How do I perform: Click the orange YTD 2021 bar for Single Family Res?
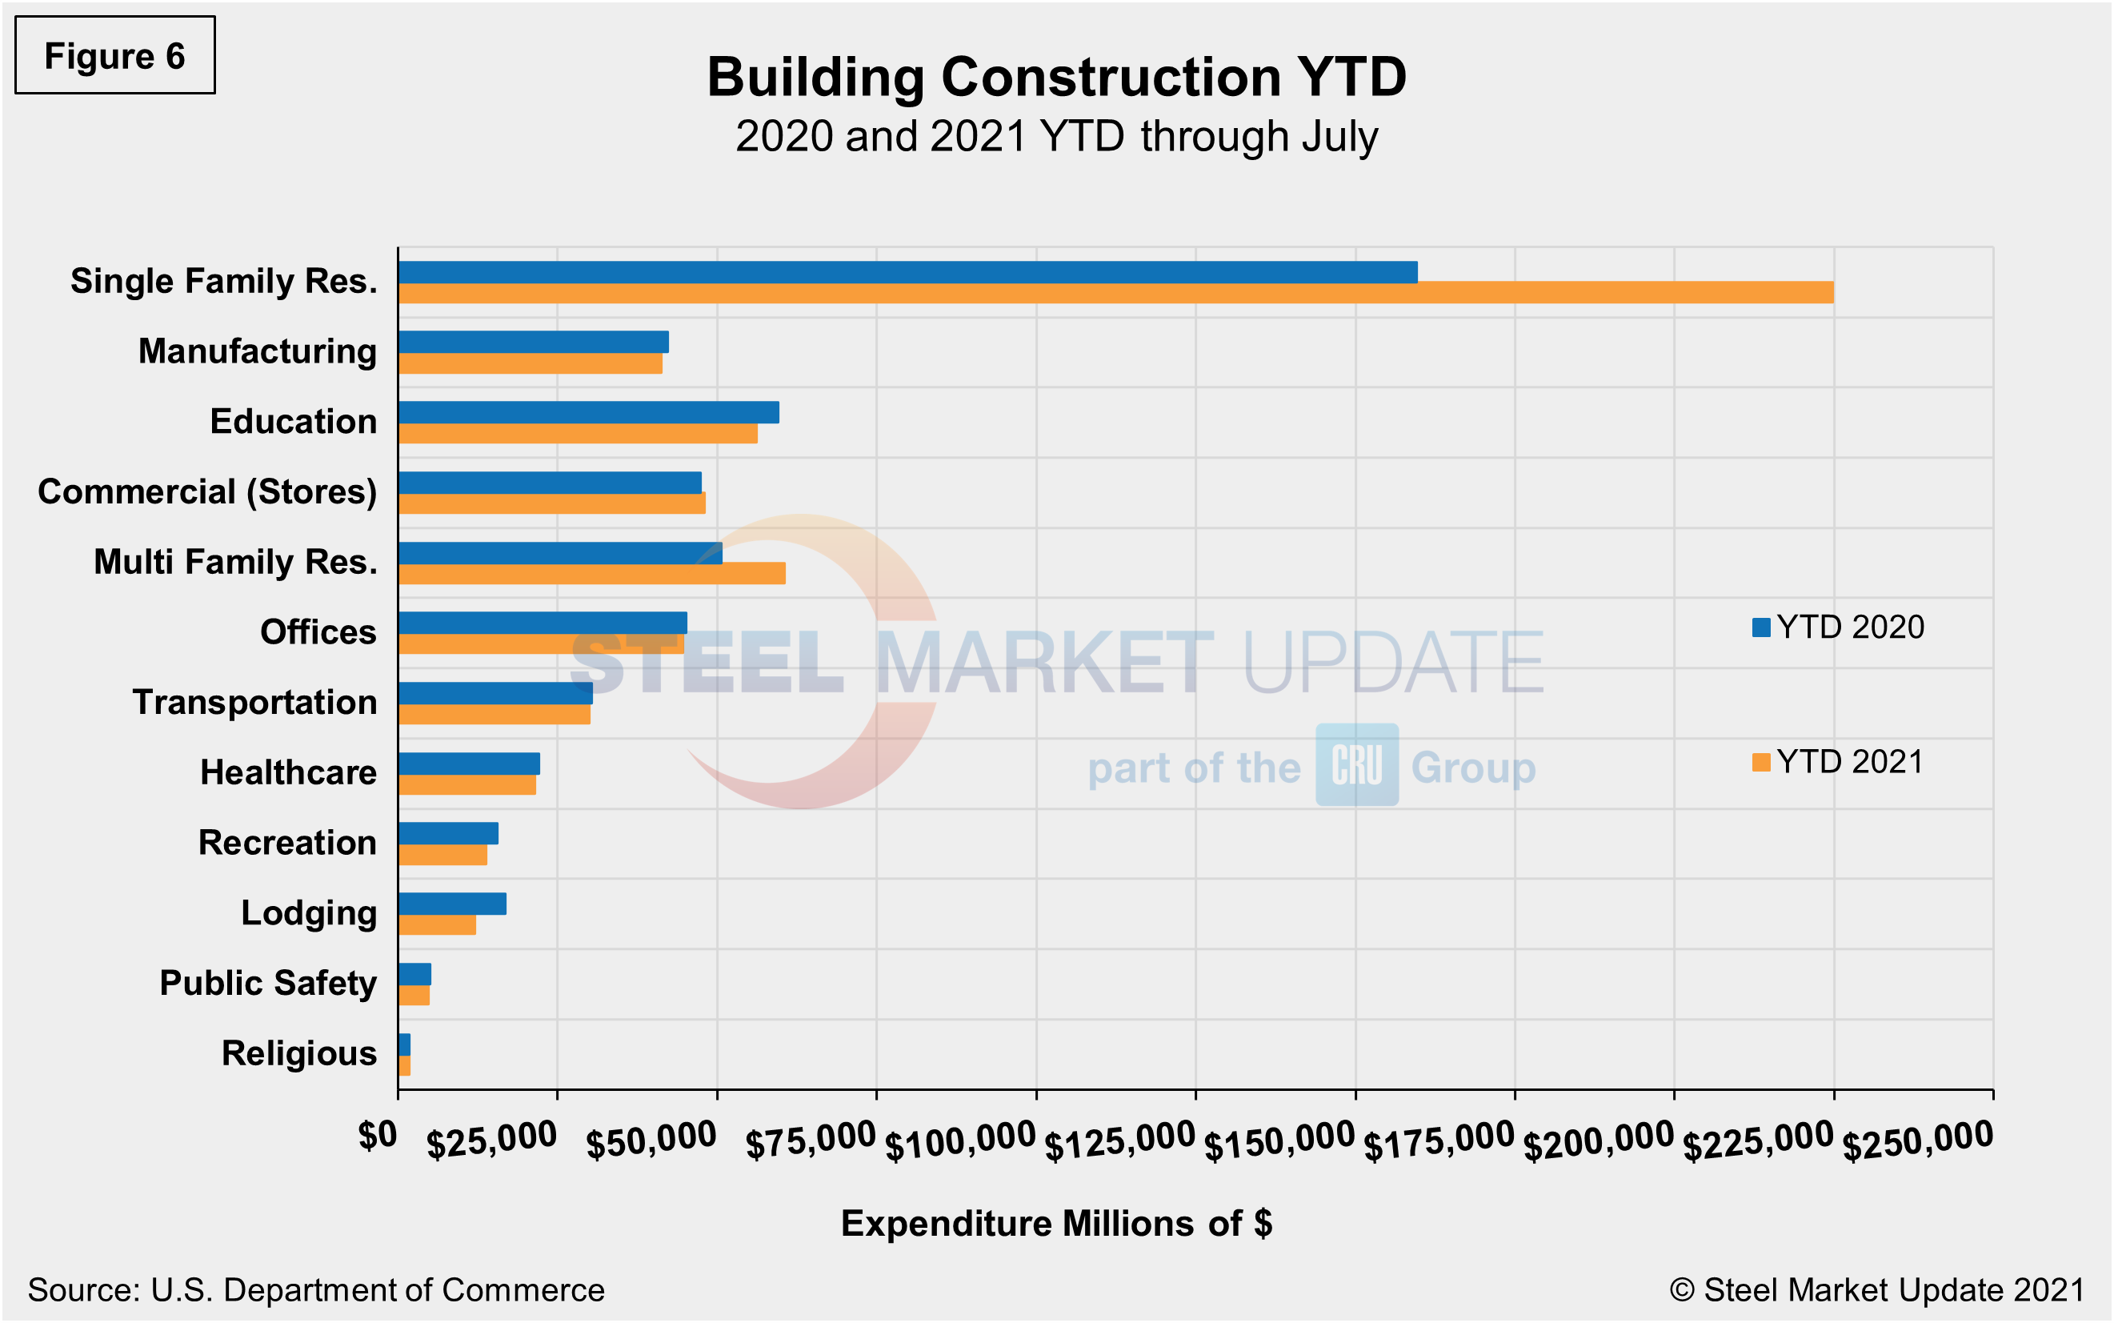tap(1115, 293)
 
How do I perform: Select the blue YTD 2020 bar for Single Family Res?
tap(907, 272)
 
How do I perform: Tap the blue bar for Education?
tap(588, 412)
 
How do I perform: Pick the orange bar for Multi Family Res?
tap(591, 574)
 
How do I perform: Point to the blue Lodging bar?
tap(451, 904)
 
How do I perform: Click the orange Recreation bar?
tap(442, 855)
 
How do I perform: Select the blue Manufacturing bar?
tap(533, 342)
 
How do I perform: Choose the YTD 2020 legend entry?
tap(1839, 627)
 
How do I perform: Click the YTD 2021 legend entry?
tap(1839, 762)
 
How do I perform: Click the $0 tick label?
tap(378, 1136)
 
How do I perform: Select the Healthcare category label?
tap(288, 772)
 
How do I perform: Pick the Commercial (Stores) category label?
tap(207, 491)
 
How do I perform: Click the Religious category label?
tap(298, 1053)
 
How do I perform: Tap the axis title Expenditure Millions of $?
tap(1055, 1223)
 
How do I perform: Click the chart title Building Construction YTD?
tap(1055, 77)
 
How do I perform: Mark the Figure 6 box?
tap(114, 55)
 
